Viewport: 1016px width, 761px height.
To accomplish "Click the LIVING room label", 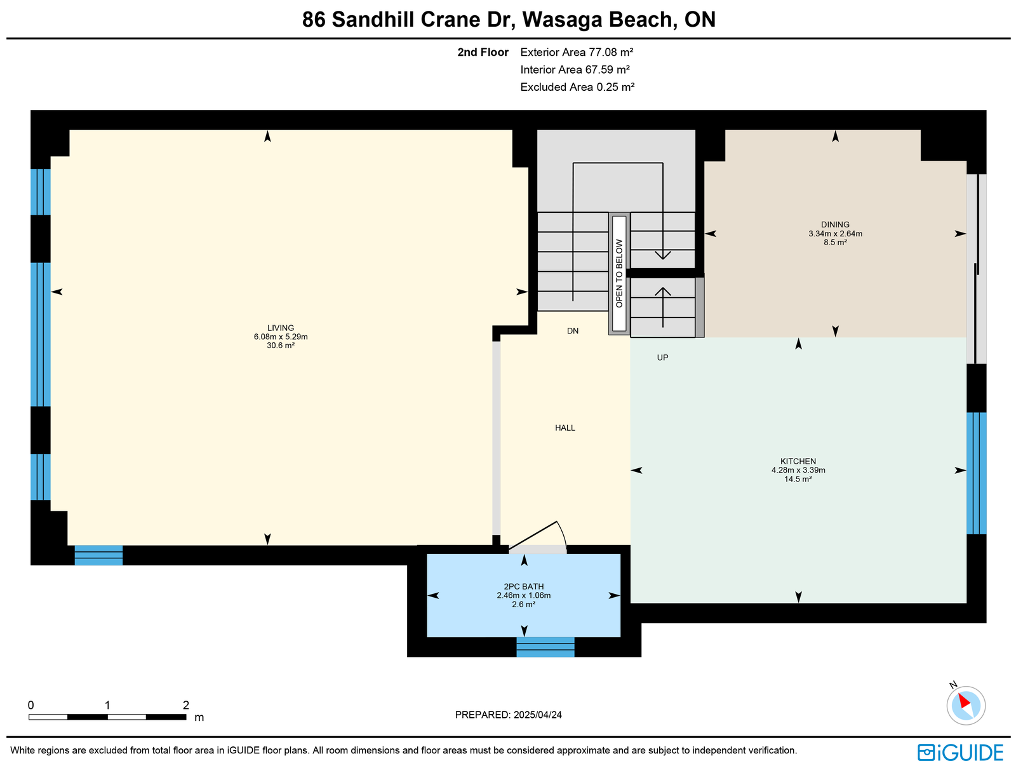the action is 281,328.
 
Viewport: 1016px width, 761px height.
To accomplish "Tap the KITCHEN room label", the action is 798,461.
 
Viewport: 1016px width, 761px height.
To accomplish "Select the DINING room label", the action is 835,224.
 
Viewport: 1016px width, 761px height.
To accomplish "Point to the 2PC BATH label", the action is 523,586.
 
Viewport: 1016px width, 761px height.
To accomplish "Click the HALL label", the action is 565,428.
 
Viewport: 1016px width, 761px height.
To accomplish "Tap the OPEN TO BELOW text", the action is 619,274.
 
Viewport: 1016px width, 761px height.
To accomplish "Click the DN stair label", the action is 573,331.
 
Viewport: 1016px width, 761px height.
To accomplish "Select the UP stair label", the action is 662,358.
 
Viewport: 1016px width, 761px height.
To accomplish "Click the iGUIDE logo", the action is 961,751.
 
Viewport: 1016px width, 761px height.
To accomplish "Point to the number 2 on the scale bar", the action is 185,705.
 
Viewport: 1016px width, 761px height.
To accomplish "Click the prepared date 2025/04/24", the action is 537,715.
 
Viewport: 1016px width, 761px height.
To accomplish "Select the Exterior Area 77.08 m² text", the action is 577,52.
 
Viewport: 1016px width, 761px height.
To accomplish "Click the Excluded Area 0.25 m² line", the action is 577,87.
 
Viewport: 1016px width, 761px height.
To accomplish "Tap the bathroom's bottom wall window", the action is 545,647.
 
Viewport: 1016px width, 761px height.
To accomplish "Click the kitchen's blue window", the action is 976,473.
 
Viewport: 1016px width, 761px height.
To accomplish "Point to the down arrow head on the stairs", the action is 663,255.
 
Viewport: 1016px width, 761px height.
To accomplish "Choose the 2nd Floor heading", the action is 483,52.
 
